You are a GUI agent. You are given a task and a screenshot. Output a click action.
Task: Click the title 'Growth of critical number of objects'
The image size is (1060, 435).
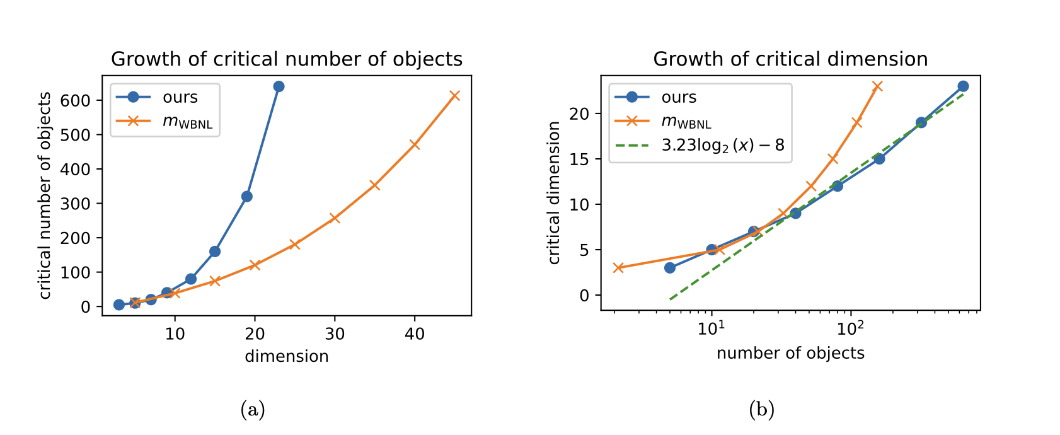(287, 59)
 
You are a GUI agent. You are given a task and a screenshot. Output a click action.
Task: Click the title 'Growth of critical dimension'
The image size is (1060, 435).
(790, 59)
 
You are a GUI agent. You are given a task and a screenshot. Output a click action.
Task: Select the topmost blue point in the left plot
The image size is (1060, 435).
(279, 86)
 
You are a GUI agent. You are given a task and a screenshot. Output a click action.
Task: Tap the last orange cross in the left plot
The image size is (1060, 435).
(454, 96)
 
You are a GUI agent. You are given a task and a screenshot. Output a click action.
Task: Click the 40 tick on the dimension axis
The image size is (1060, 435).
(414, 333)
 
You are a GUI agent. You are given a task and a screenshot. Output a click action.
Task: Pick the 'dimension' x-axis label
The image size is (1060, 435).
(287, 356)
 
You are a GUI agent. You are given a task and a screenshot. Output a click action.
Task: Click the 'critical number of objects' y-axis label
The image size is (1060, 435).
(45, 195)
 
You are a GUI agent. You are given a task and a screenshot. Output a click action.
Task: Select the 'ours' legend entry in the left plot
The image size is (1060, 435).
(180, 97)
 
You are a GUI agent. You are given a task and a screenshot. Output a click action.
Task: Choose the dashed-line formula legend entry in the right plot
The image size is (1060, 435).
(722, 145)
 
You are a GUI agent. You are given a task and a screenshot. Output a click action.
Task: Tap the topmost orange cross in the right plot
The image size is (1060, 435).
(877, 86)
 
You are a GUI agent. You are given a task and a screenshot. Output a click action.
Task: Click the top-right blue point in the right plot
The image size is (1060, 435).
(963, 86)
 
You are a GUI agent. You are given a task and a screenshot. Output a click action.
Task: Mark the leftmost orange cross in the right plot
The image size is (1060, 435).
(618, 268)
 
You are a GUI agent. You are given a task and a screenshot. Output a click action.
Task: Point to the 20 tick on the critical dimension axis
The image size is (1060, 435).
(580, 114)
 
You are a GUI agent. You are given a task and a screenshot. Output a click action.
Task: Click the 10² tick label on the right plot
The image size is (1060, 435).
(850, 328)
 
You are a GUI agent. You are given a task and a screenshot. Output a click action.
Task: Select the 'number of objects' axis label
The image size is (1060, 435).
(790, 353)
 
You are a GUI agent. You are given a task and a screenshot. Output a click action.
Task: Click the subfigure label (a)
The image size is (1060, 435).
(253, 410)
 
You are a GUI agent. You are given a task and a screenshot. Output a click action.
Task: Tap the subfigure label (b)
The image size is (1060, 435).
(761, 410)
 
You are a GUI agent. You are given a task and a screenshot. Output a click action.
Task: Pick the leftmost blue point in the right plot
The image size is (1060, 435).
(670, 268)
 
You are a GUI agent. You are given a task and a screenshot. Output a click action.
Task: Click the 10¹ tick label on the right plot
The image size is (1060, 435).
(711, 328)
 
